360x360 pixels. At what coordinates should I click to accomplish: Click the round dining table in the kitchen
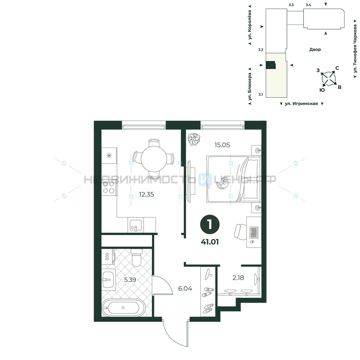pyautogui.click(x=154, y=159)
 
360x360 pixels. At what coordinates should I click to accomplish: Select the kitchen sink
pyautogui.click(x=136, y=225)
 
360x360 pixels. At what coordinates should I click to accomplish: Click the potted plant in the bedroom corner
pyautogui.click(x=194, y=139)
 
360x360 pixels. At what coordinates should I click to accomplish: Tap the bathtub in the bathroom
pyautogui.click(x=123, y=308)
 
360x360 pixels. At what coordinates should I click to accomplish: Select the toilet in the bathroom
pyautogui.click(x=136, y=258)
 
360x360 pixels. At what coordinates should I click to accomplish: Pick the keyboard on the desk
pyautogui.click(x=253, y=232)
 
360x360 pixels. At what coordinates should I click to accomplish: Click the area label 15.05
pyautogui.click(x=222, y=145)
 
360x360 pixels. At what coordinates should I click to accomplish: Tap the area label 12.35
pyautogui.click(x=147, y=194)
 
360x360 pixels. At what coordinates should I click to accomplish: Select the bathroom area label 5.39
pyautogui.click(x=130, y=280)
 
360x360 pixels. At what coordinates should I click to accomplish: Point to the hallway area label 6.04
pyautogui.click(x=185, y=289)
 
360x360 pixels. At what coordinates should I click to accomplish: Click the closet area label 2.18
pyautogui.click(x=238, y=278)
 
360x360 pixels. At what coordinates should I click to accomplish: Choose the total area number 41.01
pyautogui.click(x=210, y=242)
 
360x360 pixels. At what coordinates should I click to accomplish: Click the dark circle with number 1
pyautogui.click(x=210, y=224)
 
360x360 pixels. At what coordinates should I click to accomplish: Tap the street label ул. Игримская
pyautogui.click(x=301, y=104)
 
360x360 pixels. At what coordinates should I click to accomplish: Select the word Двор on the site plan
pyautogui.click(x=315, y=49)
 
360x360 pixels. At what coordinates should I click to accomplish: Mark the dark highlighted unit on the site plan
pyautogui.click(x=270, y=65)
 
